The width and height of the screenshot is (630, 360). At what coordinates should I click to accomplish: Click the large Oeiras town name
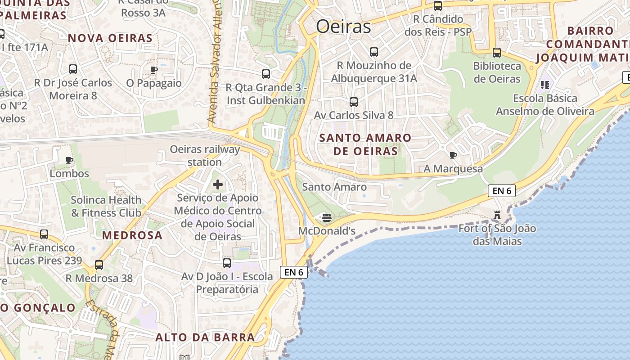pyautogui.click(x=343, y=27)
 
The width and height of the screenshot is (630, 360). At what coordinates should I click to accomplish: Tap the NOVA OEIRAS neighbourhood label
pyautogui.click(x=110, y=38)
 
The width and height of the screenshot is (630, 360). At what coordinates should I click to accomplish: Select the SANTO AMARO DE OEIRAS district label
pyautogui.click(x=365, y=144)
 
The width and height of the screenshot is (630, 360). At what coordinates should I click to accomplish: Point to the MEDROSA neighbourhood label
pyautogui.click(x=132, y=235)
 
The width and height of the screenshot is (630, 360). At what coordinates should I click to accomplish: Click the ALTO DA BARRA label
pyautogui.click(x=205, y=337)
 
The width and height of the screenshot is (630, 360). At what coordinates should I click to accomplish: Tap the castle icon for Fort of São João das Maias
pyautogui.click(x=497, y=215)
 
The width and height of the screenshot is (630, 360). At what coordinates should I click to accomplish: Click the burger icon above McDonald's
pyautogui.click(x=327, y=218)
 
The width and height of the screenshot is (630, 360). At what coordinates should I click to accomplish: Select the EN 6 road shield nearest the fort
pyautogui.click(x=502, y=191)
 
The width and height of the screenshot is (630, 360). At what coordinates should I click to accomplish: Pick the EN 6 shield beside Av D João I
pyautogui.click(x=293, y=272)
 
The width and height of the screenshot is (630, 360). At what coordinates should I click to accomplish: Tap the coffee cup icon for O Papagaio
pyautogui.click(x=153, y=70)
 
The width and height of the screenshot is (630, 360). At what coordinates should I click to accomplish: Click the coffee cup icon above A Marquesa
pyautogui.click(x=453, y=156)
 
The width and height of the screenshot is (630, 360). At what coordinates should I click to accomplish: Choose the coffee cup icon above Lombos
pyautogui.click(x=69, y=160)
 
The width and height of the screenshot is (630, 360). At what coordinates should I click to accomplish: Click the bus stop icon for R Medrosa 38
pyautogui.click(x=99, y=265)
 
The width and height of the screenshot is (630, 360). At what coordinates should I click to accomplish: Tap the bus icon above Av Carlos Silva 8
pyautogui.click(x=354, y=102)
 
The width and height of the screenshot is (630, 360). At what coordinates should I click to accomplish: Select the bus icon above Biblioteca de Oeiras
pyautogui.click(x=497, y=53)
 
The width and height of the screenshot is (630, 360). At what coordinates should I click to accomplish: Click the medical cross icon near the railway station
pyautogui.click(x=218, y=184)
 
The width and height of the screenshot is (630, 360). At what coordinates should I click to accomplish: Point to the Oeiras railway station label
pyautogui.click(x=205, y=156)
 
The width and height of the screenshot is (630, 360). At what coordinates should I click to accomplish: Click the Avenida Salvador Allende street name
pyautogui.click(x=215, y=63)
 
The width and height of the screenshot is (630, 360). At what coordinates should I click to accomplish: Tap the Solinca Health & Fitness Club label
pyautogui.click(x=106, y=206)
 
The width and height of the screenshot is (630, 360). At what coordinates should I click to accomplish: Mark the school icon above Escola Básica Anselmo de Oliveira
pyautogui.click(x=545, y=85)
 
